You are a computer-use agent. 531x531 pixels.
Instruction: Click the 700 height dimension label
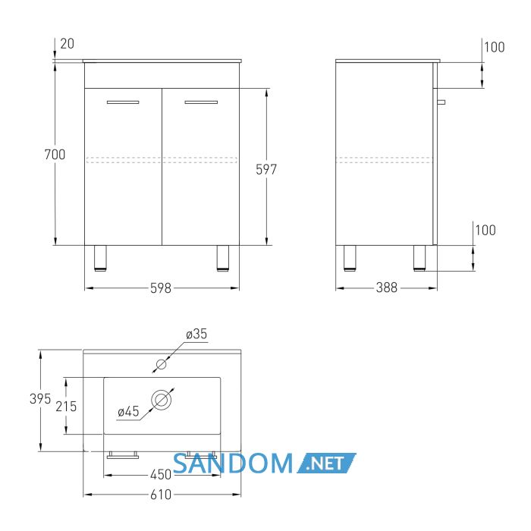[55, 155]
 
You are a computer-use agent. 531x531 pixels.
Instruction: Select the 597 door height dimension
[266, 169]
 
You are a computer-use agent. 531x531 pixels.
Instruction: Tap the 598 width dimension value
[161, 288]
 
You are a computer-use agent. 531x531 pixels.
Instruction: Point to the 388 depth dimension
[386, 287]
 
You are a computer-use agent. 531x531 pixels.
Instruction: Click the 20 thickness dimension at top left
[67, 44]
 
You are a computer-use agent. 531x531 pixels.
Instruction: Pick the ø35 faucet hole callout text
[196, 334]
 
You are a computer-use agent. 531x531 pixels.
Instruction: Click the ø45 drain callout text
[129, 411]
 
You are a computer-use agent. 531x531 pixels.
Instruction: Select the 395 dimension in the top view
[40, 399]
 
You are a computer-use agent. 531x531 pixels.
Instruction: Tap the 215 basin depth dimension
[67, 407]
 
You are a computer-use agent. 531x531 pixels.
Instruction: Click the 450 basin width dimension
[161, 475]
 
